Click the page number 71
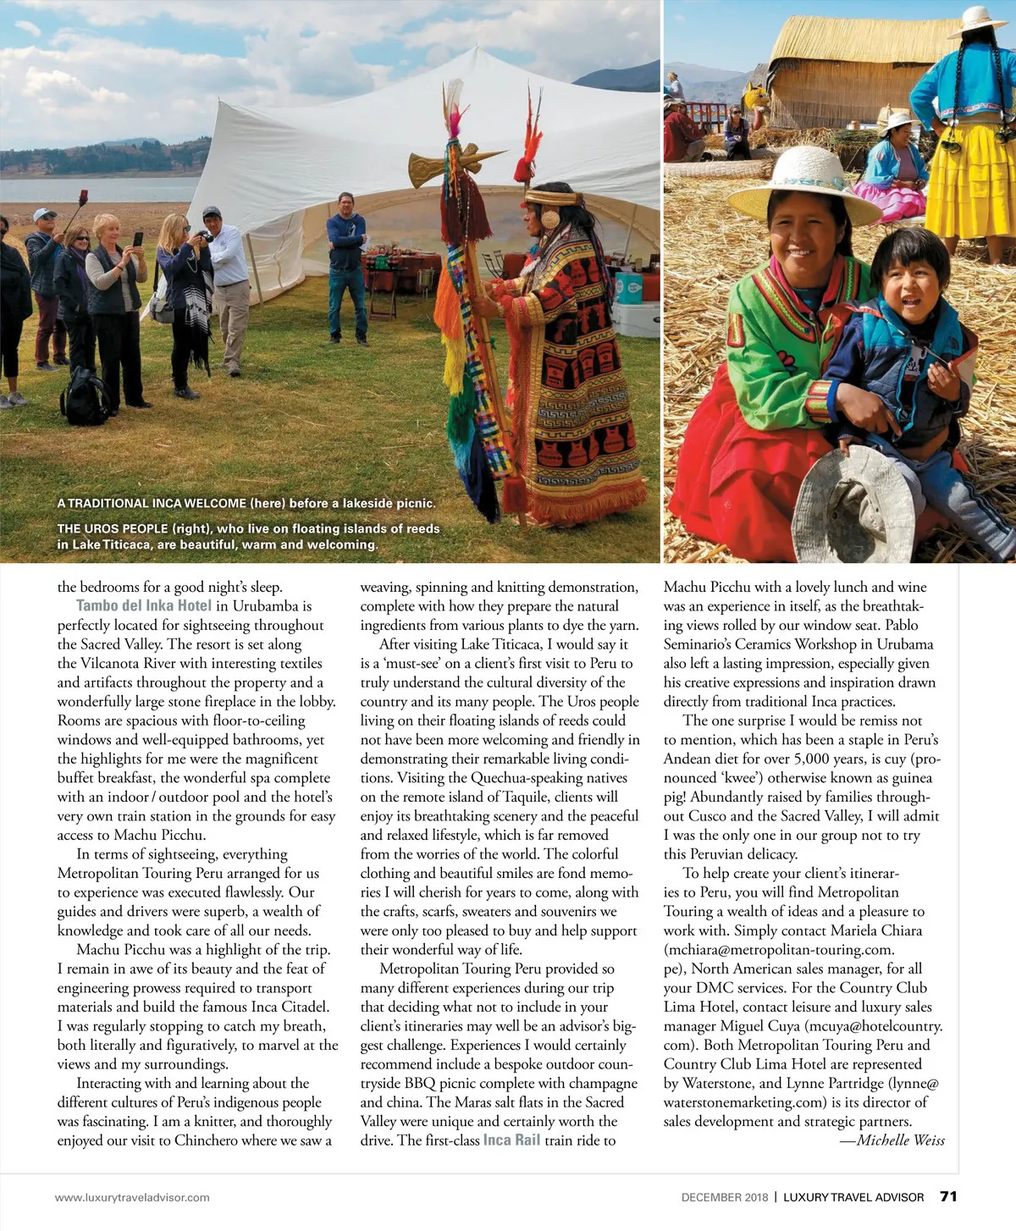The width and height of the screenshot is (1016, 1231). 948,1196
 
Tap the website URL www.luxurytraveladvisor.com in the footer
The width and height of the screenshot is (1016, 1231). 132,1197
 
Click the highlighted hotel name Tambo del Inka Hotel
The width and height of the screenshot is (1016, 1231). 144,605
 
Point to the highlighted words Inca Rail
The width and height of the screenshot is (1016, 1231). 511,1140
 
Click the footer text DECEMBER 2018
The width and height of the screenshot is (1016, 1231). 725,1197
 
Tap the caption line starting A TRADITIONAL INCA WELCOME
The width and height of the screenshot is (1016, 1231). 246,503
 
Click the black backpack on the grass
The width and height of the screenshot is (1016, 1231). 85,397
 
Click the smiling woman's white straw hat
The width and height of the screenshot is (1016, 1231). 803,185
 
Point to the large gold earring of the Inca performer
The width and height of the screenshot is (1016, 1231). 549,219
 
